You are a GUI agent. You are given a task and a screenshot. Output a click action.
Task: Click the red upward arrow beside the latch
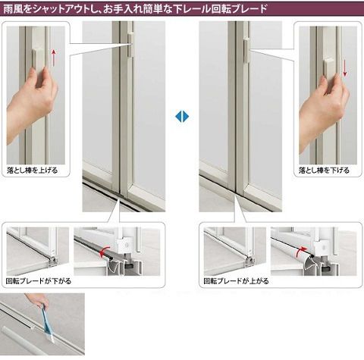tap(53, 58)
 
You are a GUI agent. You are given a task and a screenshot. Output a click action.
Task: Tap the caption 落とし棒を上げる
tap(33, 171)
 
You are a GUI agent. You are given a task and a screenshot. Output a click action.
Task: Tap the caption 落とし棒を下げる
tap(324, 171)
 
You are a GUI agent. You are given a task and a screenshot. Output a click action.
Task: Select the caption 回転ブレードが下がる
tap(39, 281)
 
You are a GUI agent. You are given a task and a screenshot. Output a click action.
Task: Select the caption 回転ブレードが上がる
tap(237, 281)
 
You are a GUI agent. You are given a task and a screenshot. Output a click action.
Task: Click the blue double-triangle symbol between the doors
tap(182, 117)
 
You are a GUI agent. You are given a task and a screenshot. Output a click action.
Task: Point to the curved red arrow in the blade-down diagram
tap(104, 251)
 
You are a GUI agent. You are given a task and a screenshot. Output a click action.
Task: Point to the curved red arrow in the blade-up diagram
tap(302, 252)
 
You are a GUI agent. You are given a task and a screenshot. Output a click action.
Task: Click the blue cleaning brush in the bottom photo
tap(48, 323)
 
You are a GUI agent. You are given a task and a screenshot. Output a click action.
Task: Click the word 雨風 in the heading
tap(12, 9)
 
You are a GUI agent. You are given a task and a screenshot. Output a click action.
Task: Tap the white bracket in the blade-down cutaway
tap(124, 245)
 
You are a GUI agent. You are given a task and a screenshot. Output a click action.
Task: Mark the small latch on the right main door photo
tap(246, 49)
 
